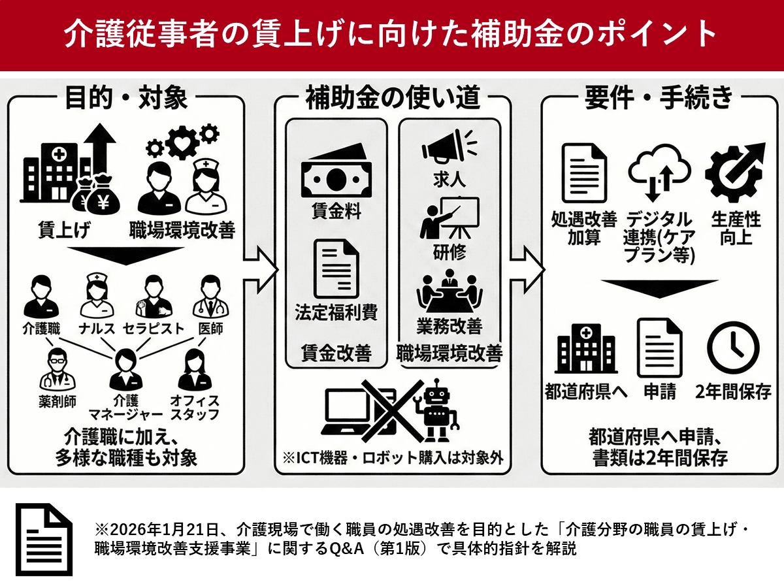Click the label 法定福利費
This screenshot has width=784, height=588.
coord(336,312)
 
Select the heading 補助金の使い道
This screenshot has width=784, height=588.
coord(393,99)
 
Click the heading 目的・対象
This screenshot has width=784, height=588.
coord(126,99)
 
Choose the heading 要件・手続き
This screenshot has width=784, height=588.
coord(659,99)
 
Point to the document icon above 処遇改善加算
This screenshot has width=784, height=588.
coord(583,173)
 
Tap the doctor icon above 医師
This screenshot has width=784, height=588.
coord(209,298)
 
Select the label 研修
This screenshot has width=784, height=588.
coord(449,252)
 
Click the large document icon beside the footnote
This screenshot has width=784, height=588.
coord(44,540)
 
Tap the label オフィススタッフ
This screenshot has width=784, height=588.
coord(194,406)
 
